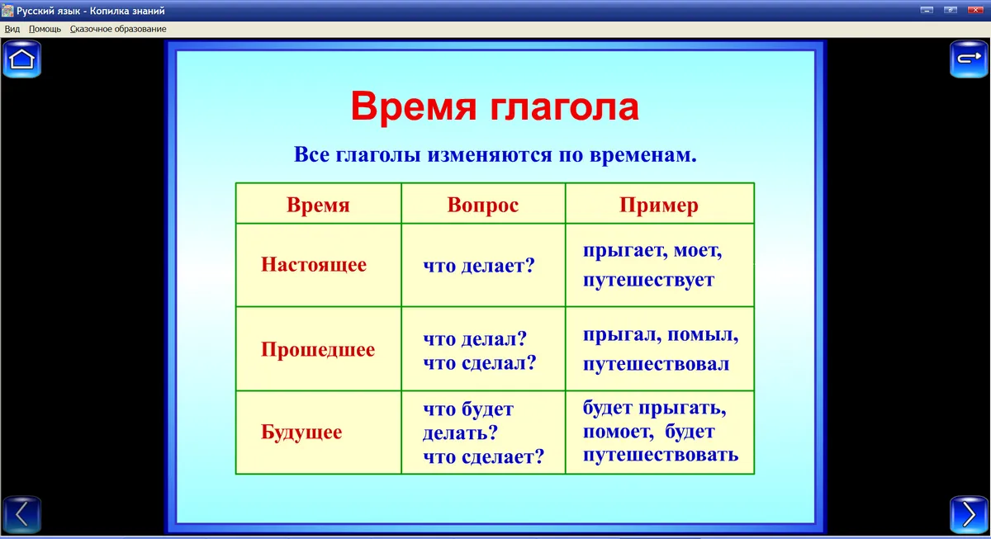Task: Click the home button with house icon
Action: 21,59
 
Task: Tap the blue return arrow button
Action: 969,59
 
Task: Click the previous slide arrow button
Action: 21,514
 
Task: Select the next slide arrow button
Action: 969,514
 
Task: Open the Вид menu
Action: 12,29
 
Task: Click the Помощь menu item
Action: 45,29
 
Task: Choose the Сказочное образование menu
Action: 118,29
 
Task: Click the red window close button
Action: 975,10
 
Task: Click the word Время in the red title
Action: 414,106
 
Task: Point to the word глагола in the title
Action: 565,108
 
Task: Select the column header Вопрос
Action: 482,205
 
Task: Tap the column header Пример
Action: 659,206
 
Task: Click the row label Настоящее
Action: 314,264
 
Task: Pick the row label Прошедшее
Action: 318,349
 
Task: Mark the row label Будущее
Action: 301,432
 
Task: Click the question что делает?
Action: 479,266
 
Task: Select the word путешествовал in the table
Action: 656,364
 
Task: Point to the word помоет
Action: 618,431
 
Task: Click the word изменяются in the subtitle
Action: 490,154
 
